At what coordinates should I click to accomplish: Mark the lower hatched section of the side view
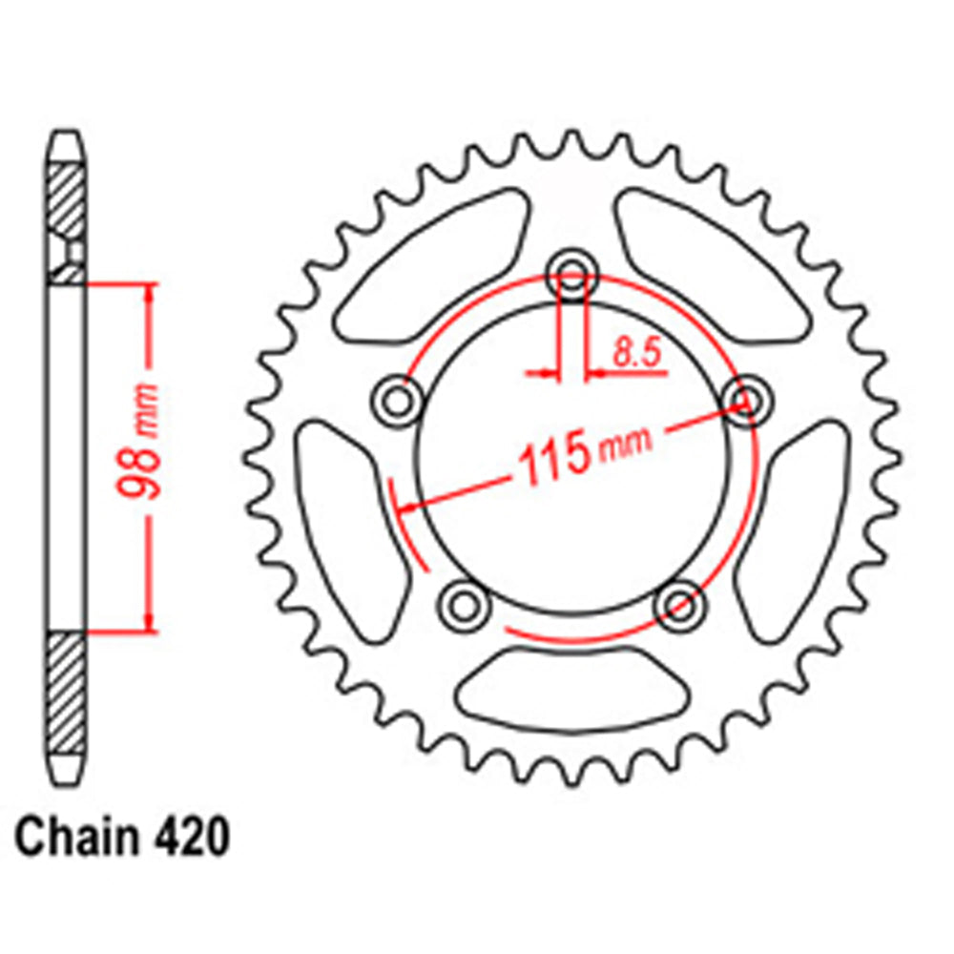pos(66,692)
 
